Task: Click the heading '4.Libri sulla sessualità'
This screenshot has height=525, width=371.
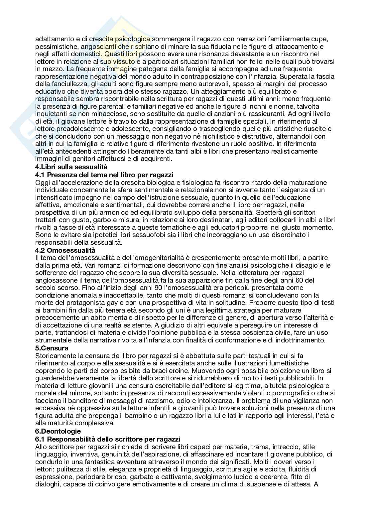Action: [x=71, y=167]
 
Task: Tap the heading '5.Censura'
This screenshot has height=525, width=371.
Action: [x=52, y=348]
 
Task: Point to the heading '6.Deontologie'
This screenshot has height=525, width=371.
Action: [x=58, y=431]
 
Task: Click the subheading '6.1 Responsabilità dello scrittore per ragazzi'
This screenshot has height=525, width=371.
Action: [x=108, y=439]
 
